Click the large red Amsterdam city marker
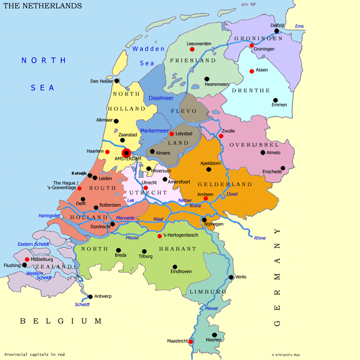pyautogui.click(x=126, y=153)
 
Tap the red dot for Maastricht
pyautogui.click(x=191, y=342)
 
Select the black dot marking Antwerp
pyautogui.click(x=90, y=296)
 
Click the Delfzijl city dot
pyautogui.click(x=277, y=31)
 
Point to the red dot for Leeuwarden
pyautogui.click(x=192, y=49)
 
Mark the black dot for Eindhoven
pyautogui.click(x=174, y=267)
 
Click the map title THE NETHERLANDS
pyautogui.click(x=43, y=6)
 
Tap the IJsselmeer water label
pyautogui.click(x=160, y=98)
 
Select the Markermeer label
pyautogui.click(x=154, y=131)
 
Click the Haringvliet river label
pyautogui.click(x=50, y=215)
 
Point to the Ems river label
pyautogui.click(x=299, y=26)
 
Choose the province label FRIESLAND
pyautogui.click(x=193, y=61)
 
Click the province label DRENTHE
pyautogui.click(x=251, y=91)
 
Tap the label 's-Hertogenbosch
pyautogui.click(x=182, y=236)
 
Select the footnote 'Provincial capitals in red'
pyautogui.click(x=34, y=354)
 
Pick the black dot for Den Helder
pyautogui.click(x=117, y=81)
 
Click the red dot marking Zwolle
pyautogui.click(x=221, y=136)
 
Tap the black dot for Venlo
pyautogui.click(x=231, y=277)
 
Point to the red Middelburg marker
pyautogui.click(x=27, y=259)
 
